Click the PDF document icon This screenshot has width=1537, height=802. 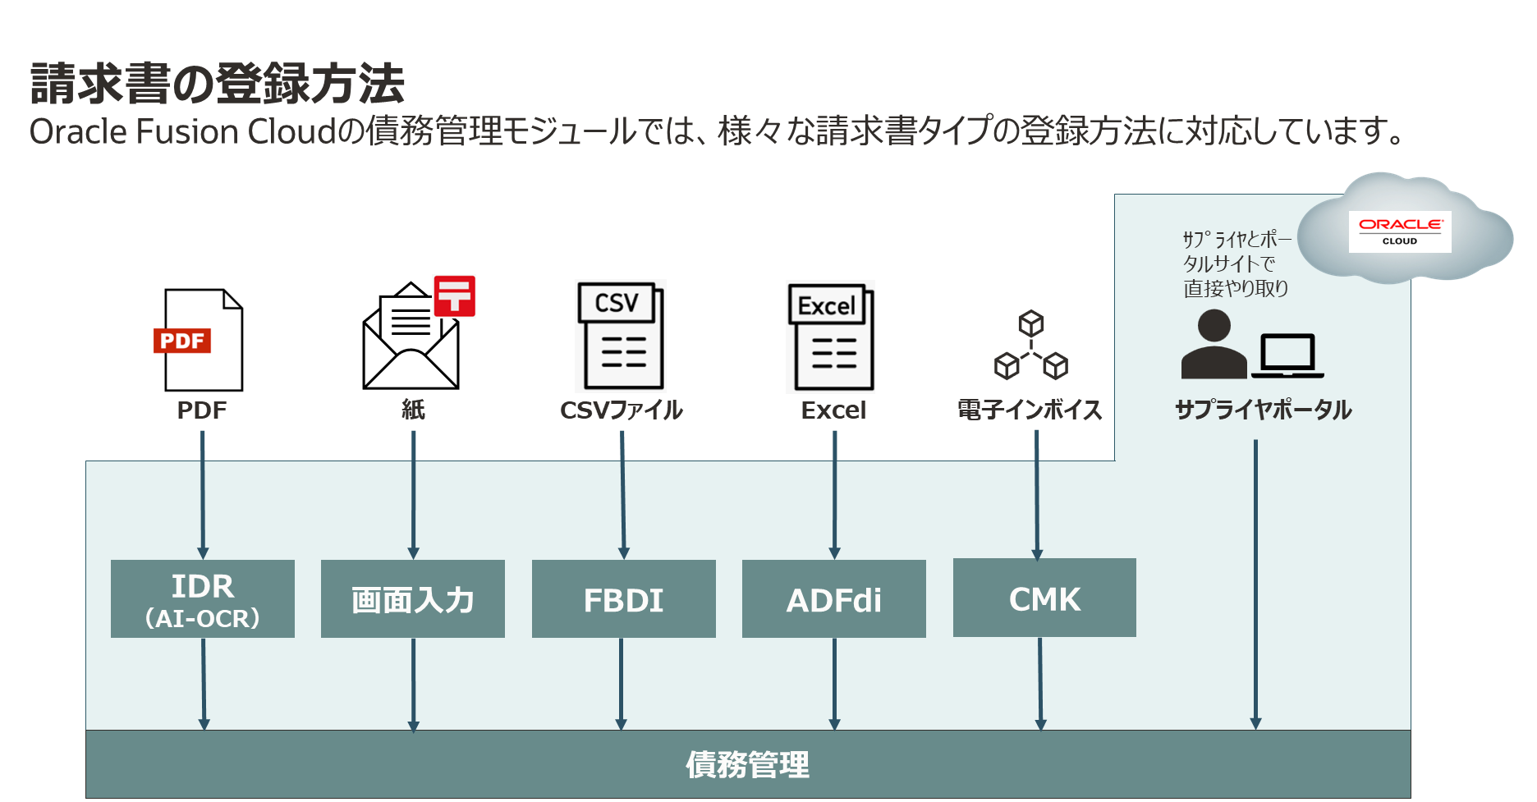(200, 341)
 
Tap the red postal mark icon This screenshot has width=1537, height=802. (454, 296)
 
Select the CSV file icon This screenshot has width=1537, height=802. (621, 337)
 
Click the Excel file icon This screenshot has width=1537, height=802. (830, 337)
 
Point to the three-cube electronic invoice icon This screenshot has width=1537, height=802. (1030, 346)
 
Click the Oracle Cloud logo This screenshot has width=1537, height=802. (1400, 231)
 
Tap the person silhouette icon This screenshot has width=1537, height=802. (1214, 345)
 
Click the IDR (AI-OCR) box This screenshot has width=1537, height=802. (203, 599)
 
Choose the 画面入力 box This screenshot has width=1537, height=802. (413, 599)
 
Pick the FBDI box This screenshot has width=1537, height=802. (624, 599)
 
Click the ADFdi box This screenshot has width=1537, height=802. (834, 599)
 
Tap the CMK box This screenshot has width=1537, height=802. (1044, 598)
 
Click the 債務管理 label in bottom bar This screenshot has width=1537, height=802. (747, 765)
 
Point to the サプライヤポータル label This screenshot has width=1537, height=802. (1263, 410)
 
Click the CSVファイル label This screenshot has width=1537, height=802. (621, 410)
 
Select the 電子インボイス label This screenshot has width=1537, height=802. (1030, 410)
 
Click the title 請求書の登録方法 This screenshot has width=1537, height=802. (218, 84)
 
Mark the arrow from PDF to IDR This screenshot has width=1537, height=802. (203, 493)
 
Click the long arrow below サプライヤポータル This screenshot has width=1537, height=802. (1255, 583)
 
